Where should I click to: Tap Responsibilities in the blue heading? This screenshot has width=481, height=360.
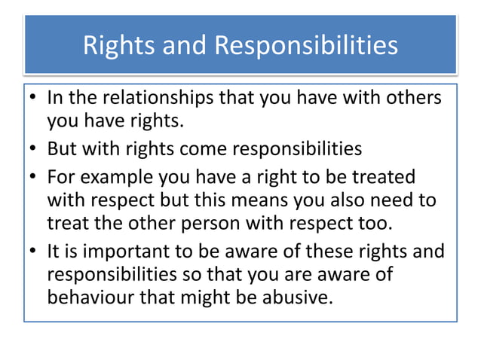click(306, 46)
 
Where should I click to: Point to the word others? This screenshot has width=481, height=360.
click(411, 99)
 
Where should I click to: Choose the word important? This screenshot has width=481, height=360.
click(106, 252)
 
